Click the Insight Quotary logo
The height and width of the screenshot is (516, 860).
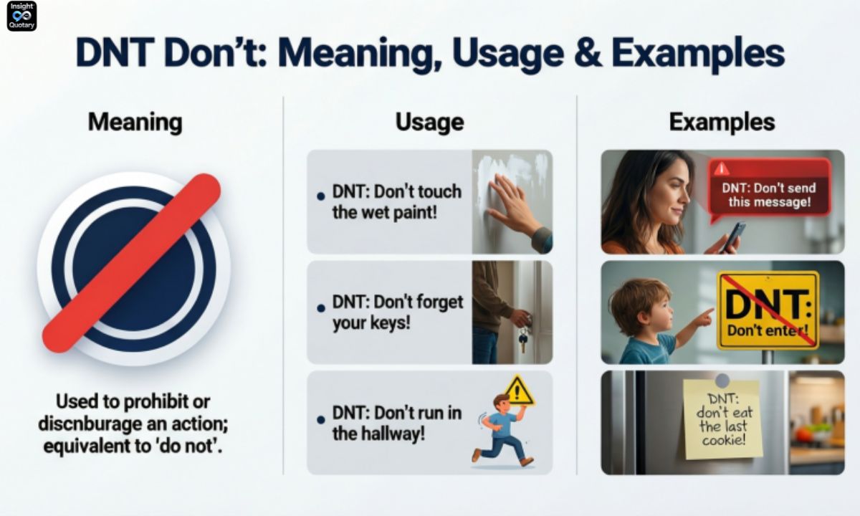click(x=21, y=16)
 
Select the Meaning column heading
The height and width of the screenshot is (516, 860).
click(x=135, y=122)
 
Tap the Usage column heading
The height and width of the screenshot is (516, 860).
click(x=429, y=122)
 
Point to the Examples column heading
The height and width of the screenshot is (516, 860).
click(x=722, y=122)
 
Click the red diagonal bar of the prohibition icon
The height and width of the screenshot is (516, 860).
click(x=132, y=262)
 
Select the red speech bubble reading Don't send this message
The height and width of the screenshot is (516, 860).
click(x=769, y=187)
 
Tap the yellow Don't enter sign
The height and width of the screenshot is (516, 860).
click(x=768, y=310)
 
